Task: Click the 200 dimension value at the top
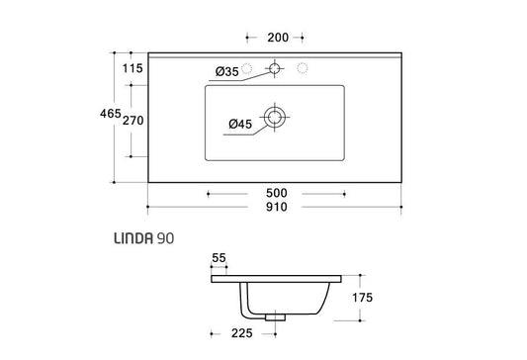[278, 38]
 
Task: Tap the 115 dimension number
[132, 68]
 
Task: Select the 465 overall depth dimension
[110, 114]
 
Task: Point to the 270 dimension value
[133, 121]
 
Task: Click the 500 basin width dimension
[277, 193]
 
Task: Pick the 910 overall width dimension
[277, 207]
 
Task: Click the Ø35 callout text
[226, 71]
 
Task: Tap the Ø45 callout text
[240, 124]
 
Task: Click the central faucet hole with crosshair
[275, 68]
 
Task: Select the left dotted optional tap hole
[247, 68]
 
